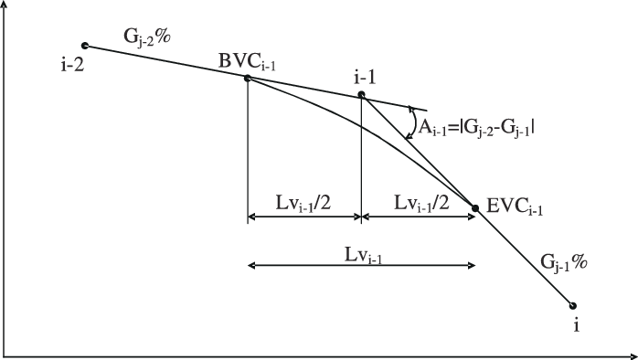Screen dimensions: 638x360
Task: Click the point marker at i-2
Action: (85, 45)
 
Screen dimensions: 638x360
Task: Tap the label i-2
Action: (70, 65)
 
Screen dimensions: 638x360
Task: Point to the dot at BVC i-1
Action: (248, 79)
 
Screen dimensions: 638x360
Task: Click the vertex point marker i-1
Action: (361, 94)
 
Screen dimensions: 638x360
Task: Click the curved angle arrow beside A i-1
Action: (413, 120)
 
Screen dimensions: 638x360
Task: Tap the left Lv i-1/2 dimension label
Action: (302, 203)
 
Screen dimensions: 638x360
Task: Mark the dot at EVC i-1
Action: (474, 209)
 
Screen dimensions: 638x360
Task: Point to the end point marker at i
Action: (574, 306)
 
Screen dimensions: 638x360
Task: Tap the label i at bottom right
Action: (577, 325)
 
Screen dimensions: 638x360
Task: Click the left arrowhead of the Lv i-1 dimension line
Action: (252, 265)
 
